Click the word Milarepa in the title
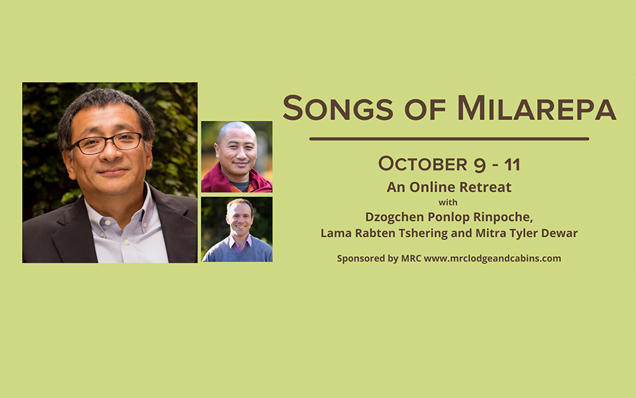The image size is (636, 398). coord(536,108)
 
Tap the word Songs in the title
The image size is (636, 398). coord(338,108)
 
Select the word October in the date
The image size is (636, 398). coord(423,164)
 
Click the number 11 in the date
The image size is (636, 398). coord(512,164)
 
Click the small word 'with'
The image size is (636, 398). coord(448,202)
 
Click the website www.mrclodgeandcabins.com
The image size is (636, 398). coord(493,259)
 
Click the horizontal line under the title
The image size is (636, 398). coord(449,139)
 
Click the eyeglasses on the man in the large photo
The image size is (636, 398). coord(107,143)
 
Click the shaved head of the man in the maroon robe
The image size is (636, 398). coord(236,131)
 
